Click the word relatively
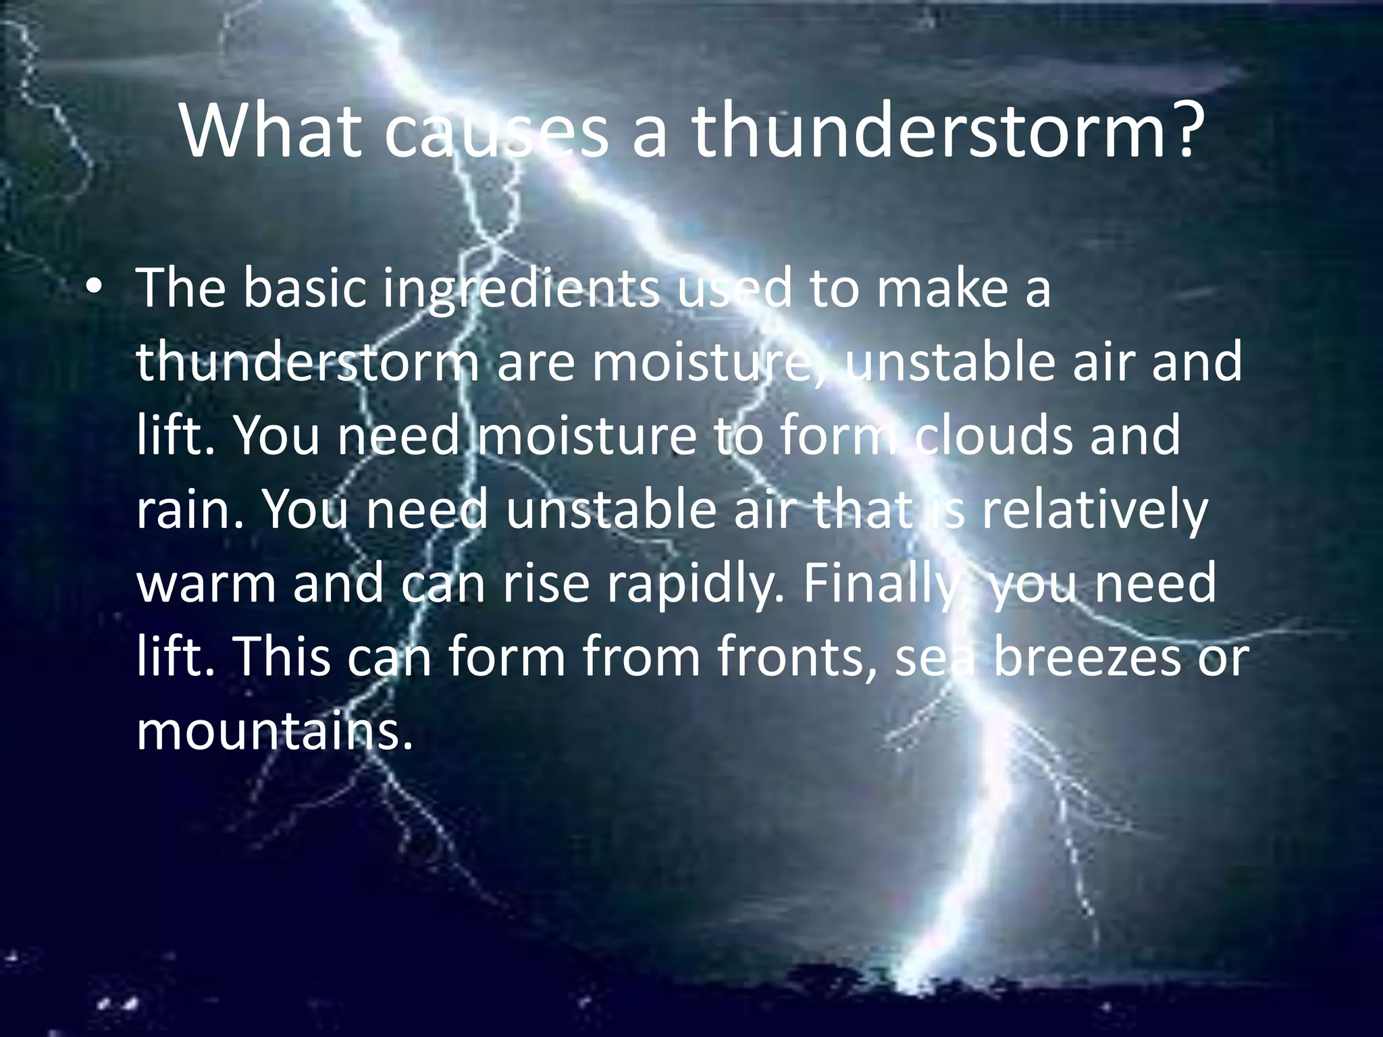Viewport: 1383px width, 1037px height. [1094, 510]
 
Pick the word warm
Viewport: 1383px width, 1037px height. [206, 585]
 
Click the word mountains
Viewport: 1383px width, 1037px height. [273, 732]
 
